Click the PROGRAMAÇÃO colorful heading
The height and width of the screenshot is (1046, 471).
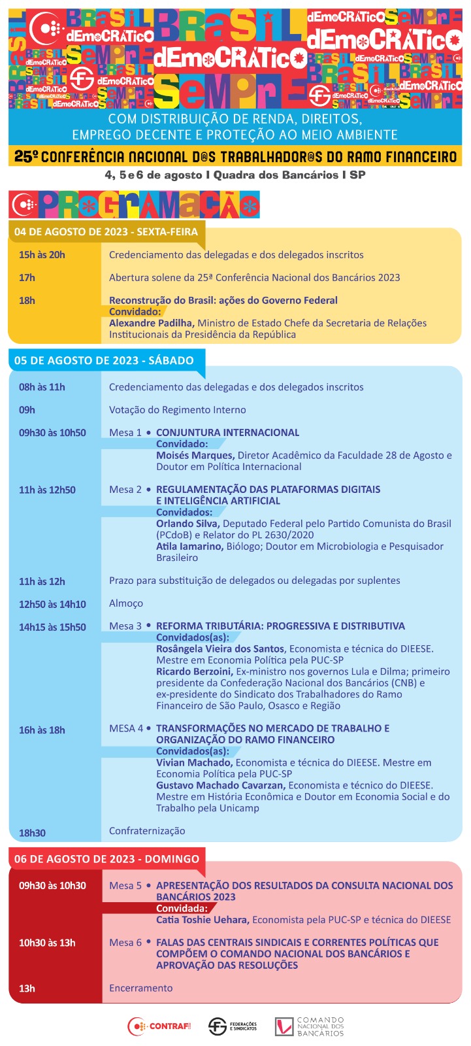coord(135,205)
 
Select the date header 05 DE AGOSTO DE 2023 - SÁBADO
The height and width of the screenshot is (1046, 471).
coord(104,360)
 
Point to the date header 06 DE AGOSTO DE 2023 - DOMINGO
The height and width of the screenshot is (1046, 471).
coord(106,859)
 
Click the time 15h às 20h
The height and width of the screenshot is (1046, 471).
coord(42,255)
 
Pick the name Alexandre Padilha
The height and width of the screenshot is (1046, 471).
coord(152,323)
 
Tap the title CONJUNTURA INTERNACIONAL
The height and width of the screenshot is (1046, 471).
coord(227,433)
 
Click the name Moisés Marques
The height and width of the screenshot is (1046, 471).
coord(195,456)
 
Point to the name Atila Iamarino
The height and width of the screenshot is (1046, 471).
coord(189,547)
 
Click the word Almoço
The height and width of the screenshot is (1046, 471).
coord(126,603)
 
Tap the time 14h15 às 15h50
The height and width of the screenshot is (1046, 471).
coord(52,627)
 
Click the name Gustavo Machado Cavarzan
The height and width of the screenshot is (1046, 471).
coord(221,785)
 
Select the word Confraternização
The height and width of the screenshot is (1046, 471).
coord(147,831)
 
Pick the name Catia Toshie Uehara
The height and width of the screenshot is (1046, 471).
coord(203,920)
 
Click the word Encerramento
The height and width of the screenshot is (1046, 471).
coord(140,988)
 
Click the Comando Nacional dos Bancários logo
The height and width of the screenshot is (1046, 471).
coord(309,1026)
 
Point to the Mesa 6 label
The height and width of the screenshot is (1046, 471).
coord(125,943)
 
